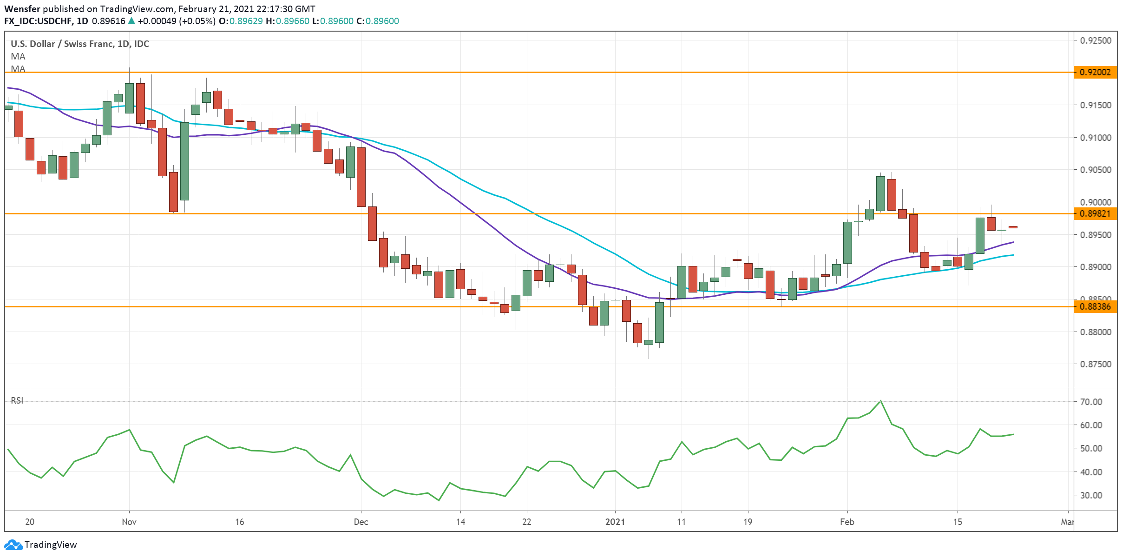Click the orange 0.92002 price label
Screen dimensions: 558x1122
pyautogui.click(x=1095, y=72)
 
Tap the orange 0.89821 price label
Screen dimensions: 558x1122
pyautogui.click(x=1095, y=213)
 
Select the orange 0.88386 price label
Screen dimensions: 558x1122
pyautogui.click(x=1095, y=306)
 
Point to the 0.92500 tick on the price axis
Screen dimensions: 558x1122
pyautogui.click(x=1096, y=40)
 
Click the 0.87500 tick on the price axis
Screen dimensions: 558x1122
pyautogui.click(x=1096, y=364)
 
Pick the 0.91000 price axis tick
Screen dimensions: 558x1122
pyautogui.click(x=1096, y=138)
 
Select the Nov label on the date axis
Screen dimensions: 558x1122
pyautogui.click(x=129, y=522)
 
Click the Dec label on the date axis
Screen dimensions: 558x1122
pyautogui.click(x=361, y=522)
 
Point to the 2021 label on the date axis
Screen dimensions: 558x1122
pyautogui.click(x=615, y=522)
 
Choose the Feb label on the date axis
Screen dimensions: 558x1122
pyautogui.click(x=847, y=522)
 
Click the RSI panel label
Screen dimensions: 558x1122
pyautogui.click(x=17, y=400)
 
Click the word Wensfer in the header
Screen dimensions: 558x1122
pyautogui.click(x=22, y=9)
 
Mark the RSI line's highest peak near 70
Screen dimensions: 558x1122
pyautogui.click(x=880, y=401)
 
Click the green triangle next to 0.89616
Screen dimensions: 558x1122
pyautogui.click(x=131, y=21)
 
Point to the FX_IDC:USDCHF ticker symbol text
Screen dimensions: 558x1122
pyautogui.click(x=39, y=21)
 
